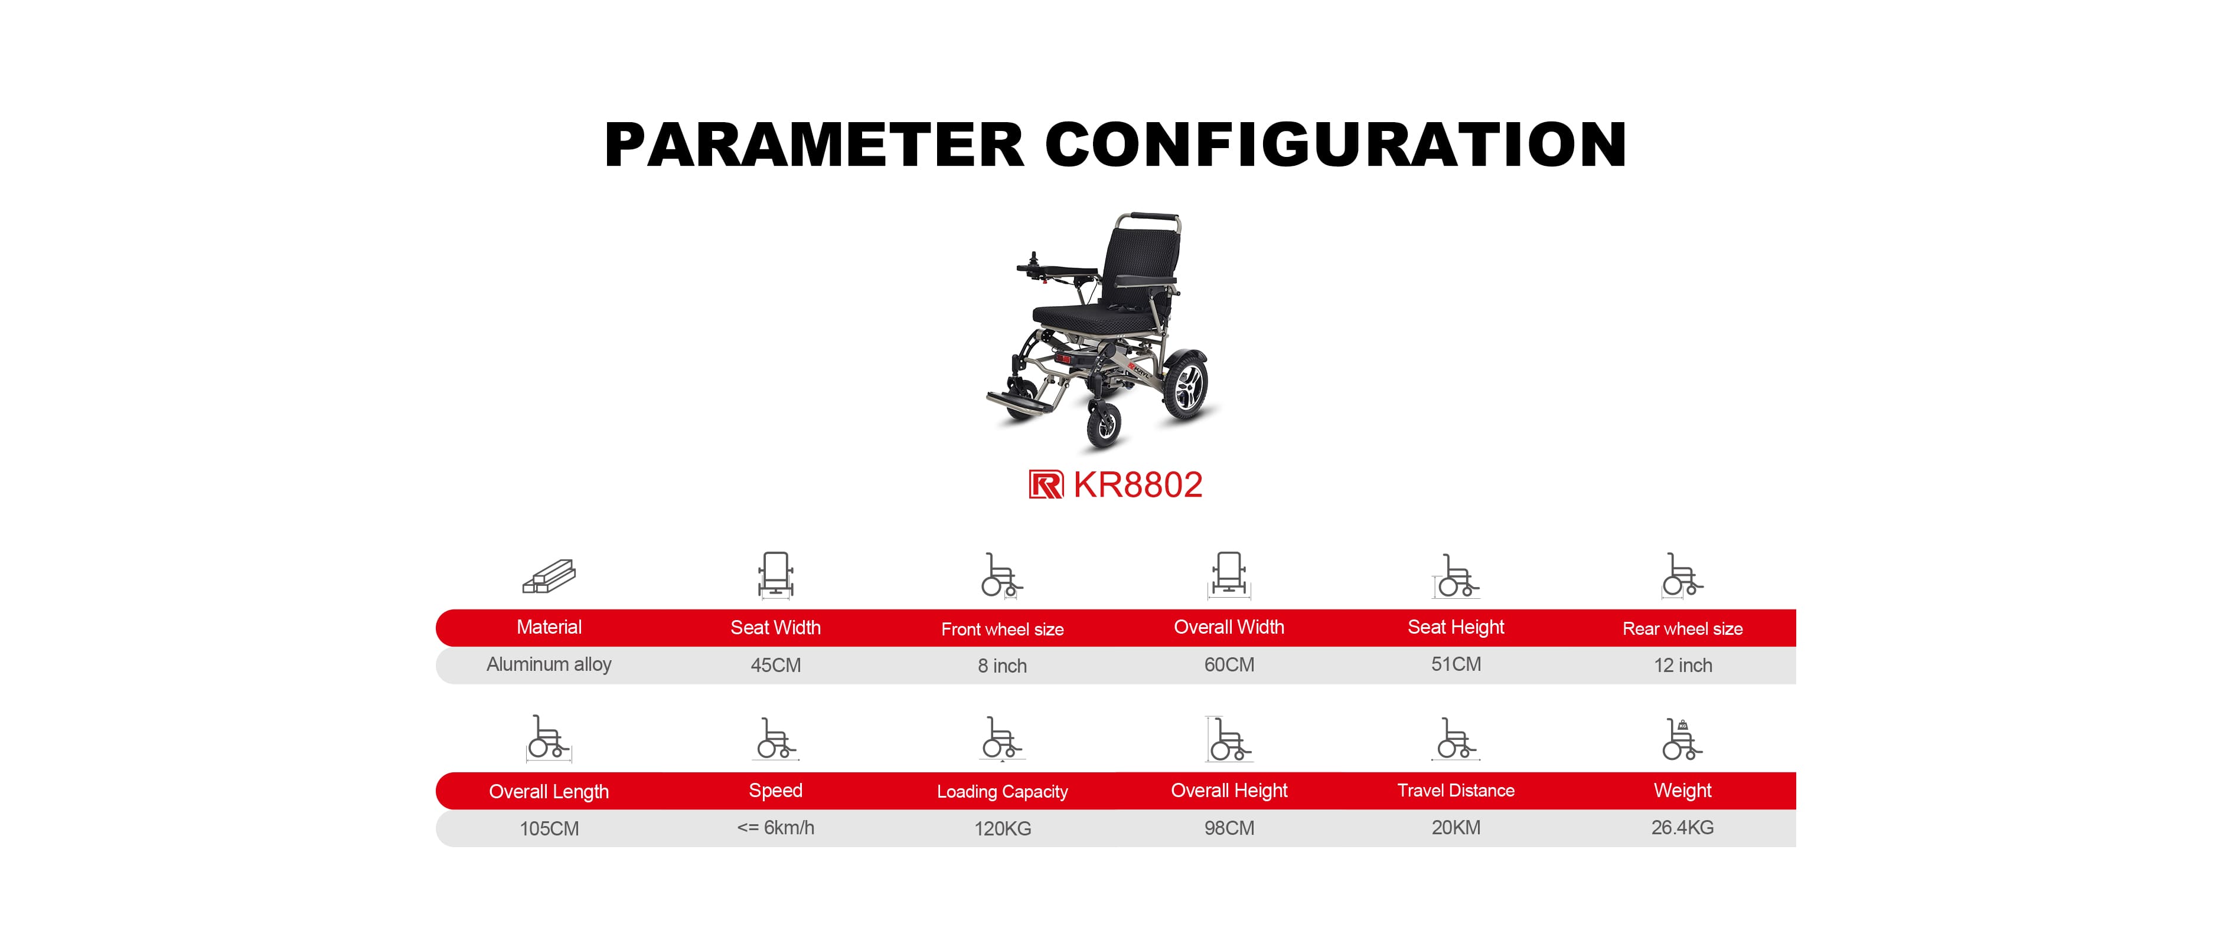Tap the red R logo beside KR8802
[x=1046, y=484]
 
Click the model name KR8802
[x=1138, y=485]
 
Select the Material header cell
[x=549, y=627]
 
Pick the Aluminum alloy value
[x=549, y=664]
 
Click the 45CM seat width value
[x=775, y=665]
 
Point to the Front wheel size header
[x=1003, y=629]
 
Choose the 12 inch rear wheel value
[x=1683, y=665]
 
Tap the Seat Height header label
[x=1456, y=627]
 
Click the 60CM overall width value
[x=1229, y=664]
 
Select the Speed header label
[x=775, y=791]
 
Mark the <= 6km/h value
[x=775, y=828]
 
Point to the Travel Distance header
[x=1456, y=791]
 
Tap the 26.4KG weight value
[x=1683, y=828]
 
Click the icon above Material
[x=549, y=576]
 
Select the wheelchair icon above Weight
[x=1683, y=739]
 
